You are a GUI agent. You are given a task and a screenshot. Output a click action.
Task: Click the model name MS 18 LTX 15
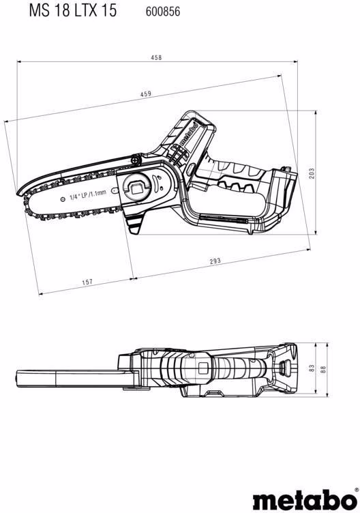(72, 10)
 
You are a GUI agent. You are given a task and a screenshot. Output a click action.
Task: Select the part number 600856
(163, 12)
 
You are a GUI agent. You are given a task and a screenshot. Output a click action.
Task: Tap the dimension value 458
(156, 57)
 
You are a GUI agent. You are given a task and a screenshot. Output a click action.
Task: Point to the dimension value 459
(146, 94)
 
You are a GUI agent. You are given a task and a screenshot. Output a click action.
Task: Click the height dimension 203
(312, 173)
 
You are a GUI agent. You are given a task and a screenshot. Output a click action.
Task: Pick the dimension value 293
(215, 261)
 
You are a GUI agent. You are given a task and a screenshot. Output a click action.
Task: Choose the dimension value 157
(87, 282)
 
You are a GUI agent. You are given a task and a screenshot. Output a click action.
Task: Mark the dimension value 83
(312, 368)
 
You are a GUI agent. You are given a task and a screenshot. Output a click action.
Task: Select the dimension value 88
(323, 369)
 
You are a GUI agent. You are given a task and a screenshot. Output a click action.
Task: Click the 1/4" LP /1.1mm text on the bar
(88, 195)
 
